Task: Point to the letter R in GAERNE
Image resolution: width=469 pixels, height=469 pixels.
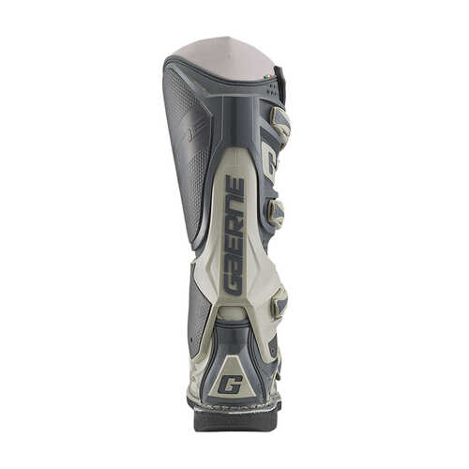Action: coord(233,230)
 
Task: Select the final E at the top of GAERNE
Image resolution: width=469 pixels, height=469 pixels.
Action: coord(235,184)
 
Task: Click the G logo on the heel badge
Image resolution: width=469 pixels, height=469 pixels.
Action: coord(230,384)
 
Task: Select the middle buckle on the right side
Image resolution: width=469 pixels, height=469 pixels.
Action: coord(276,212)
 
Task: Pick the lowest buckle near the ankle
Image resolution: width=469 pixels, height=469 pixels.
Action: coord(279,302)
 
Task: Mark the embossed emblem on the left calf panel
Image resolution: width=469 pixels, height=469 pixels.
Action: coord(195,131)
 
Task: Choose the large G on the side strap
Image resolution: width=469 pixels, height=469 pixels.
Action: coord(268,161)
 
